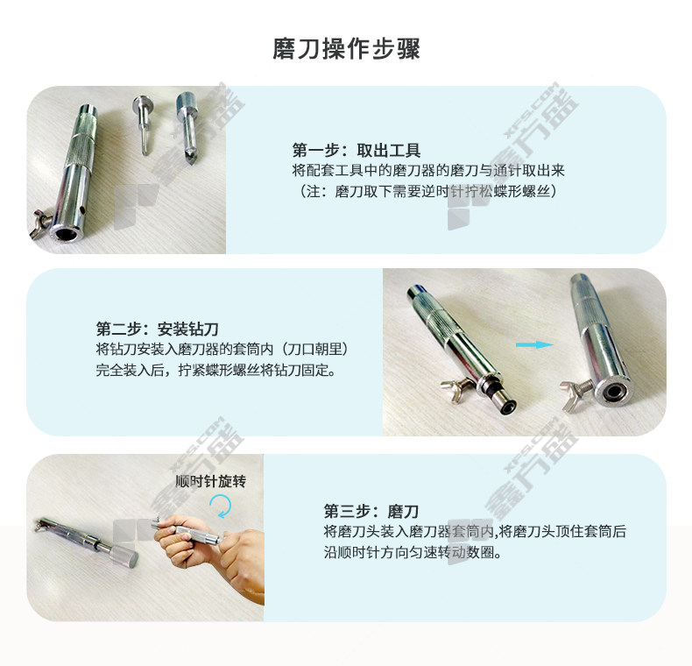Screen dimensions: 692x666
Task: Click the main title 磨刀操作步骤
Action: point(346,48)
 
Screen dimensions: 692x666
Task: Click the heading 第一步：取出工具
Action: point(357,151)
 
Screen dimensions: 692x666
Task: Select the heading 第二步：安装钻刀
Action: point(158,329)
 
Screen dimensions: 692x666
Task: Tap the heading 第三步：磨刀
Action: point(371,511)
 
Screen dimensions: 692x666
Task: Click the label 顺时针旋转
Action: point(210,481)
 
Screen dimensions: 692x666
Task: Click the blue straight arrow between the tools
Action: point(534,344)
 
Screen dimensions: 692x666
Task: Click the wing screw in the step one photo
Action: point(40,224)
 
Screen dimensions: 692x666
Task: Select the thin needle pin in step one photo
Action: point(143,125)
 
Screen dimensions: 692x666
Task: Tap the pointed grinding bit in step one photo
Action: point(188,127)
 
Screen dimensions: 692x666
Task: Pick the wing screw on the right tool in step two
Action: point(575,390)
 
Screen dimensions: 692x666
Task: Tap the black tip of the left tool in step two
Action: point(509,407)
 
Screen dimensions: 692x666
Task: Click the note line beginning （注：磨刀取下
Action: point(428,191)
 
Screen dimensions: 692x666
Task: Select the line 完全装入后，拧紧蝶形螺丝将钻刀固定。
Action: point(216,370)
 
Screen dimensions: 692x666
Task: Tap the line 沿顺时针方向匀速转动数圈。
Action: point(413,552)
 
